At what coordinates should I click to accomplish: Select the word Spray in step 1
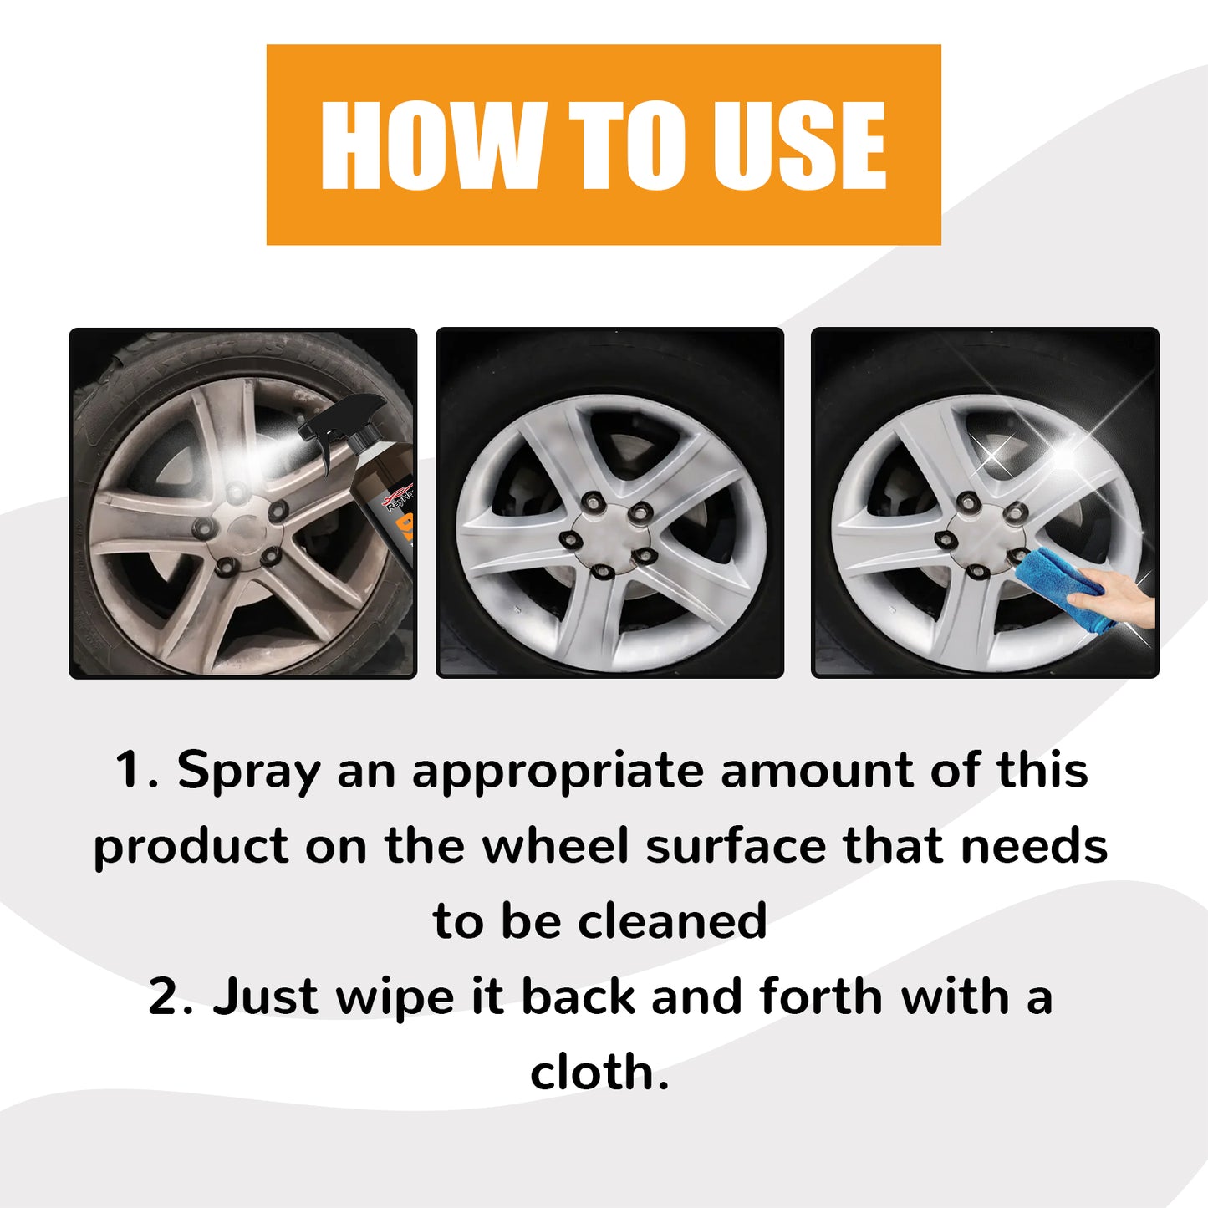coord(248,772)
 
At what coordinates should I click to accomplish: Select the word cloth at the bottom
coord(599,1073)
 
